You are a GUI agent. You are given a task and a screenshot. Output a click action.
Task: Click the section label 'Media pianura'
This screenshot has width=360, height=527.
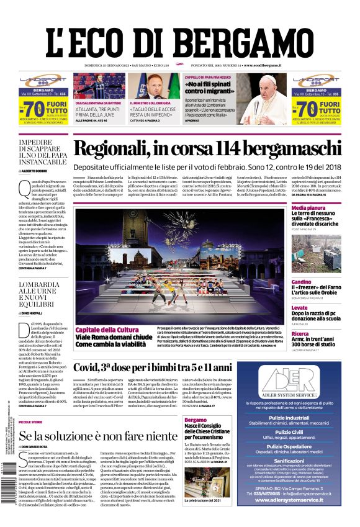[308, 208]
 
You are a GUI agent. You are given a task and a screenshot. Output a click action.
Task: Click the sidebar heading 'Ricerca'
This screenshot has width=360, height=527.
[300, 333]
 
